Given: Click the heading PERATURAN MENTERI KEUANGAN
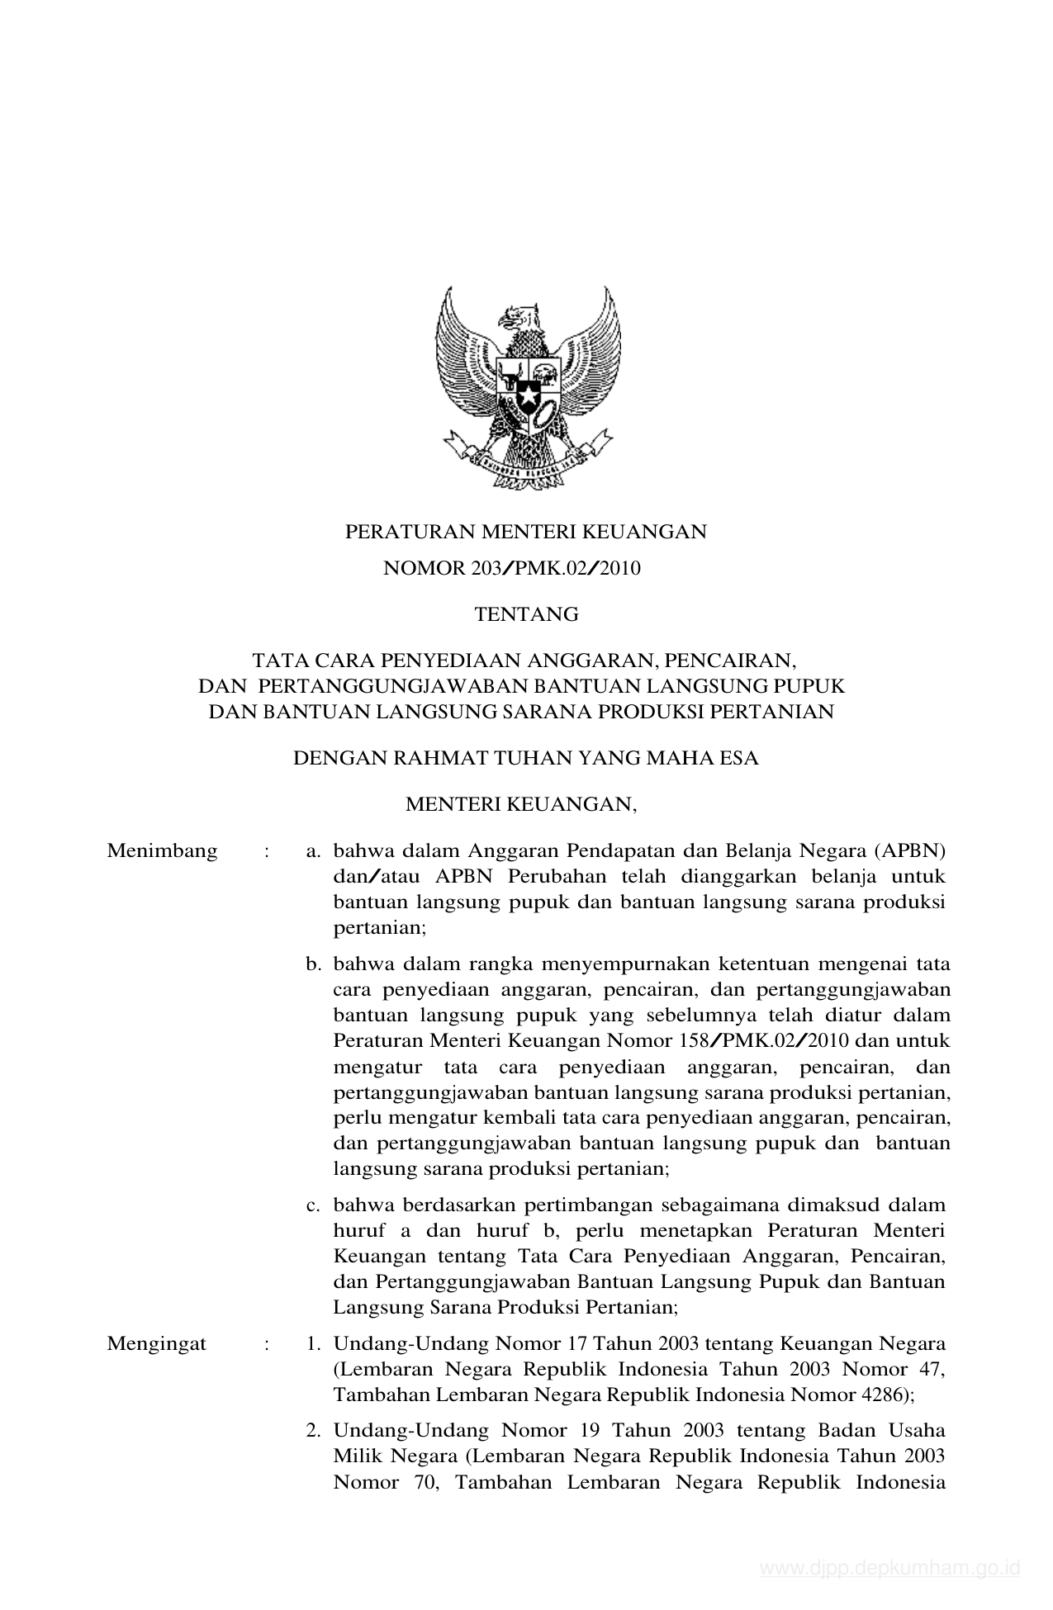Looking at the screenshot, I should pos(525,532).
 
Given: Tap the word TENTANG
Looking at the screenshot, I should pos(526,614).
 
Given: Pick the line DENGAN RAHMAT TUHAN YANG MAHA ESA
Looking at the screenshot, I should pos(525,758).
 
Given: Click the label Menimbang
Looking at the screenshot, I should pos(162,851).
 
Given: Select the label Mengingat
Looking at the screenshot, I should pos(156,1343).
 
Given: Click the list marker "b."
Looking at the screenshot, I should pos(313,964).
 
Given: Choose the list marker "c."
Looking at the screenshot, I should pos(313,1205).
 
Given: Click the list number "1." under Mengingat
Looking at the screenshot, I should pos(313,1343).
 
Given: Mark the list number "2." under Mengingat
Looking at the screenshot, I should pos(313,1429).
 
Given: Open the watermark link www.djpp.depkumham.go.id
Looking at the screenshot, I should pos(890,1569).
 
